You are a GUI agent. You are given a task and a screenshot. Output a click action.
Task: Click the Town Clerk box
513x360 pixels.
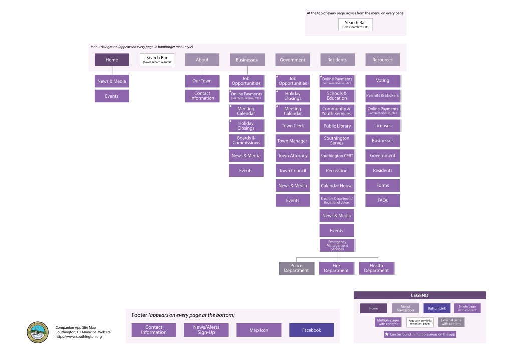(293, 126)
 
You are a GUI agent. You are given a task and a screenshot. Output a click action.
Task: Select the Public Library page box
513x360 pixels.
(337, 126)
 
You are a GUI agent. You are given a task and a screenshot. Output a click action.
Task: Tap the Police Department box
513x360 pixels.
(296, 268)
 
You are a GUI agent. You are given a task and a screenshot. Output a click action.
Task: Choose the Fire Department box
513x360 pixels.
(336, 268)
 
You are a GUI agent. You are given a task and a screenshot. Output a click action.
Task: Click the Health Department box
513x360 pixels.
(376, 268)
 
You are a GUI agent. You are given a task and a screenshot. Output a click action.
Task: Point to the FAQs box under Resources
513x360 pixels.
(382, 200)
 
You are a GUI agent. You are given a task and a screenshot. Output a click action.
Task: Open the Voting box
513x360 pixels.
(382, 80)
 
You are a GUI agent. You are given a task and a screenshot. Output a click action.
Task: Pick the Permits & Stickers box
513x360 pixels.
(382, 95)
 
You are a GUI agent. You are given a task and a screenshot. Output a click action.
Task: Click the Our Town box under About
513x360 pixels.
(202, 81)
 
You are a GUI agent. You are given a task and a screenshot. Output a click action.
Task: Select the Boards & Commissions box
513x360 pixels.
(246, 140)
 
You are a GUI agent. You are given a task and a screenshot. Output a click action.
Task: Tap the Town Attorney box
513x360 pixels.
(293, 156)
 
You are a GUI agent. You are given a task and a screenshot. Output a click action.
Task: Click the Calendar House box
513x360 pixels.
(337, 186)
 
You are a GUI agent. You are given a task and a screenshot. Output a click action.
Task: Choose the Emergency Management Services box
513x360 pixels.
(337, 245)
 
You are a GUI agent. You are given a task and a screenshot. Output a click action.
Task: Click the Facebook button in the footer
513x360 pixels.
(311, 330)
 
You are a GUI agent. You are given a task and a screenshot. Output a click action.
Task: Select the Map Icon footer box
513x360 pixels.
(259, 330)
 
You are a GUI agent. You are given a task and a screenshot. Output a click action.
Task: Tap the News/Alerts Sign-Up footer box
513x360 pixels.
(206, 330)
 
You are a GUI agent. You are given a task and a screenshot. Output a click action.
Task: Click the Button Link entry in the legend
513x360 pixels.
(437, 308)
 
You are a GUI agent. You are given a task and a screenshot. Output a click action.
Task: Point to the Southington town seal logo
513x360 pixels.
(38, 332)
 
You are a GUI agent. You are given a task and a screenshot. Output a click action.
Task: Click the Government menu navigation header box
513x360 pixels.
(293, 60)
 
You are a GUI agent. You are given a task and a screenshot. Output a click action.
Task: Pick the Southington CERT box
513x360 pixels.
(337, 156)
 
